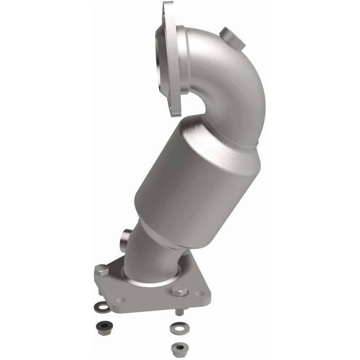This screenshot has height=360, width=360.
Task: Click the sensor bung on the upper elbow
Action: [x=232, y=38]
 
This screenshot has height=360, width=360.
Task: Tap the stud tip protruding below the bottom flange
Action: [x=179, y=311]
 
